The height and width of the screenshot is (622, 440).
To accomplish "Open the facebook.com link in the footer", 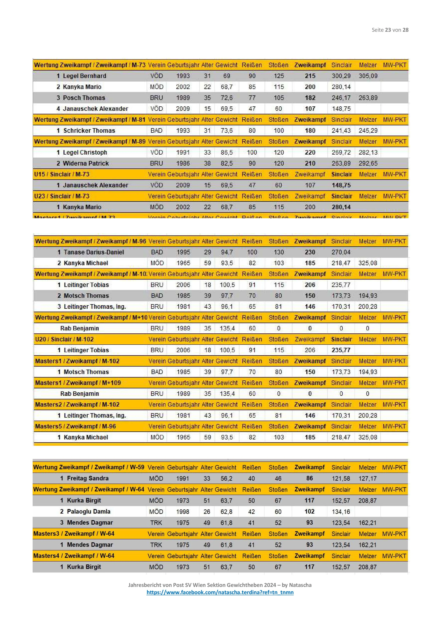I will click(220, 592).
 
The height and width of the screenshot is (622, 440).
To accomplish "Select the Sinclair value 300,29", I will click(341, 76).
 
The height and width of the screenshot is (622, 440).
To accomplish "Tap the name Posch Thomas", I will click(84, 98).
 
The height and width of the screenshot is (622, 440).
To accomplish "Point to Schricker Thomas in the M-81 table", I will click(89, 131).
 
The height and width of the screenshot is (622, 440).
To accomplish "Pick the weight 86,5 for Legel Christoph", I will click(227, 152).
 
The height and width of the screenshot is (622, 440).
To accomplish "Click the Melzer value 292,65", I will click(368, 163).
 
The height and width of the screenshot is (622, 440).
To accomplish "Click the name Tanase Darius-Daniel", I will click(94, 252).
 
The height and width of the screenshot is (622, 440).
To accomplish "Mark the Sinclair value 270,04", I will click(341, 252).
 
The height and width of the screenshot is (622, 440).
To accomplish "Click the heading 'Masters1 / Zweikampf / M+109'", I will click(78, 383).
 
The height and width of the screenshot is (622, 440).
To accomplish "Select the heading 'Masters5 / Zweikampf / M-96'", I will click(75, 426).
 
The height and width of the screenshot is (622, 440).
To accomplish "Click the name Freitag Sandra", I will click(88, 478).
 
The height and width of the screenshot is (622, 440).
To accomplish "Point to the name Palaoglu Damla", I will click(89, 511).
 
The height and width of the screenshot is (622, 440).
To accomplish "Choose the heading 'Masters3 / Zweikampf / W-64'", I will click(74, 534).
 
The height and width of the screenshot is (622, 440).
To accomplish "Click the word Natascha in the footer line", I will click(300, 585).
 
